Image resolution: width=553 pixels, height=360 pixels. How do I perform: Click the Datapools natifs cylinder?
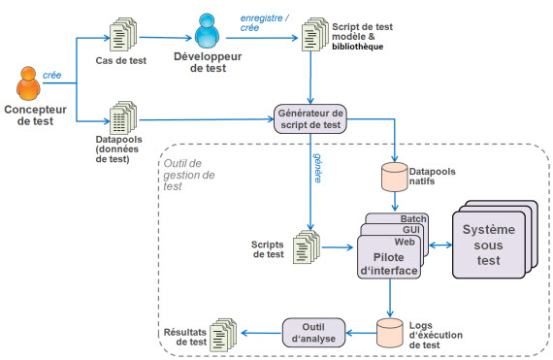click(x=395, y=178)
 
